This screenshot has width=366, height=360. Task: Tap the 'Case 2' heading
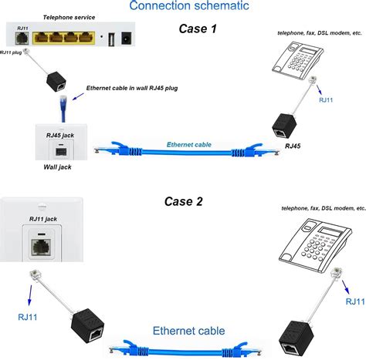coord(183,201)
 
